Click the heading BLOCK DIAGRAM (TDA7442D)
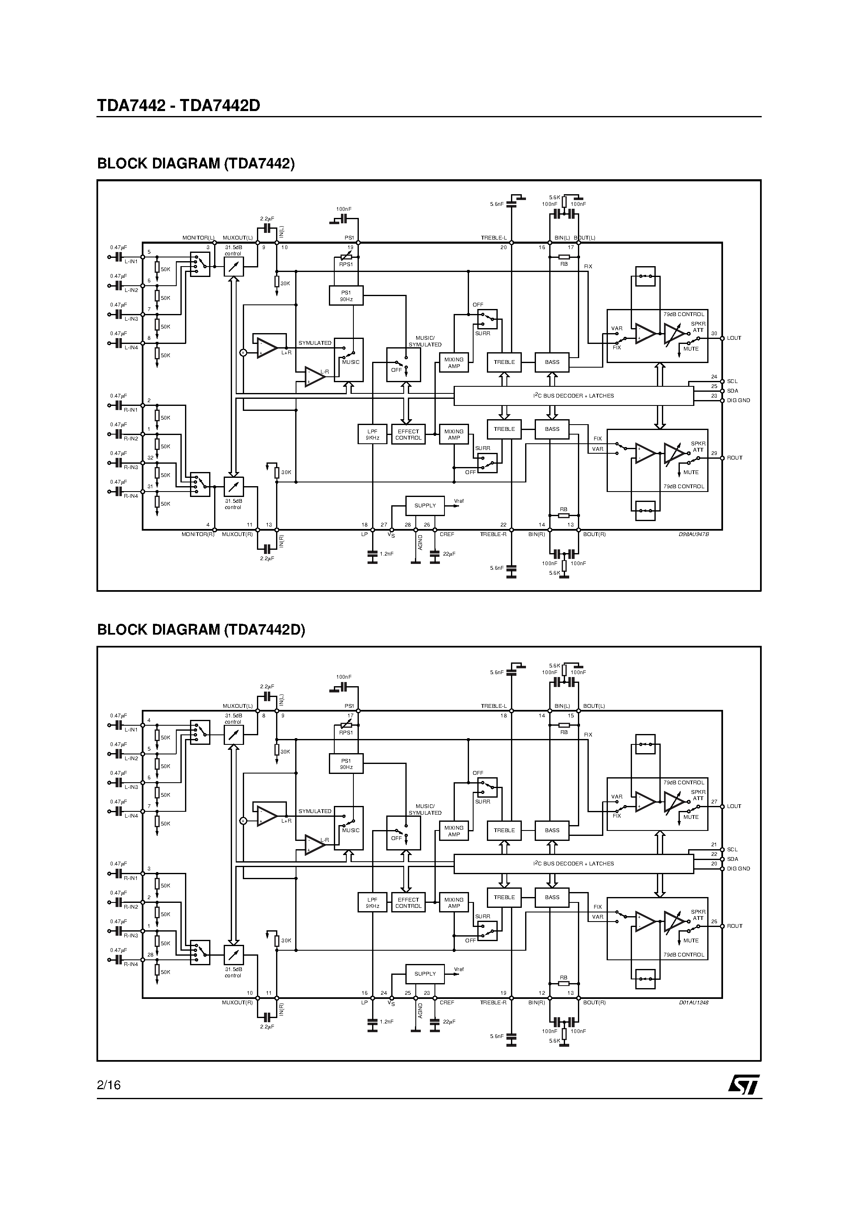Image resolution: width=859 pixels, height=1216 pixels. [x=201, y=629]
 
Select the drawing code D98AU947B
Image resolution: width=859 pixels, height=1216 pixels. [x=694, y=534]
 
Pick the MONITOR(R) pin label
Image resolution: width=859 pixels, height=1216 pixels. [x=198, y=534]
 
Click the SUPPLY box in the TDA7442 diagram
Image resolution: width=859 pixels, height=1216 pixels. [x=425, y=506]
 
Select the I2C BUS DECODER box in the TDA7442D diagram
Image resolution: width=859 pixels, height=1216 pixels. [x=573, y=864]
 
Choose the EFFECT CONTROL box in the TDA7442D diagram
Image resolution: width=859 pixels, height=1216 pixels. [x=408, y=903]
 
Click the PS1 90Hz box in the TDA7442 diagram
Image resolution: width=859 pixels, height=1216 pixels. [x=346, y=296]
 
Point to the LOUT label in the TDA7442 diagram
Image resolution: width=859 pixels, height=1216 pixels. [x=734, y=338]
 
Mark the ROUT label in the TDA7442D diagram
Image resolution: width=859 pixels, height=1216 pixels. [x=735, y=926]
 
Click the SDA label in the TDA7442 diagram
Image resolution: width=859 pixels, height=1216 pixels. [x=733, y=391]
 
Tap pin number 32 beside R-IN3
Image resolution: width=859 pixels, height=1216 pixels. [x=151, y=457]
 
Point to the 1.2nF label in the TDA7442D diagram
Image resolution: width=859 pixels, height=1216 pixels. [x=387, y=1022]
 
